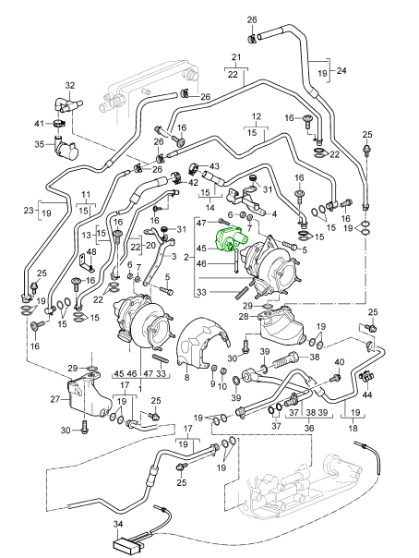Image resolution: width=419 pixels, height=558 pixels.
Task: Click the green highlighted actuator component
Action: click(x=231, y=238)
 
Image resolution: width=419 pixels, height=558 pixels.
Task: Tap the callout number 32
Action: click(x=70, y=85)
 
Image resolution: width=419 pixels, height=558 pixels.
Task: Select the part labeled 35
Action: click(x=66, y=148)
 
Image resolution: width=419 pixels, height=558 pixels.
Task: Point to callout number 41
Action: click(x=39, y=124)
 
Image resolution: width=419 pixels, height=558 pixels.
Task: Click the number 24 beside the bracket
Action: click(x=341, y=70)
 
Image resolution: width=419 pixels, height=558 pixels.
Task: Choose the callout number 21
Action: click(x=236, y=57)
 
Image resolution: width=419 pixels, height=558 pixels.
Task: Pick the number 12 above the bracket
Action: click(x=257, y=116)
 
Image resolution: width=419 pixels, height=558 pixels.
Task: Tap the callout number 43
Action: click(x=214, y=166)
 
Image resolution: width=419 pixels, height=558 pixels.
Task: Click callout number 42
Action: click(x=193, y=183)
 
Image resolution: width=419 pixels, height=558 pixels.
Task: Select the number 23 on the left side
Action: click(x=29, y=211)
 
